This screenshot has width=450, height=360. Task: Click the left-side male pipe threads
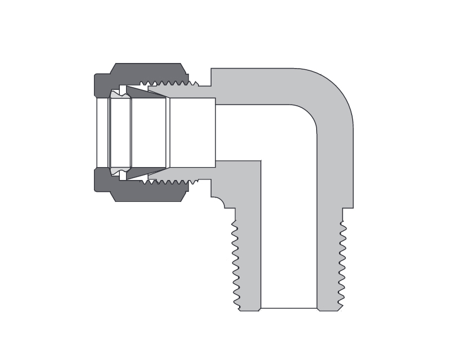tap(236, 264)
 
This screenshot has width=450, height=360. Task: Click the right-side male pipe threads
tap(343, 264)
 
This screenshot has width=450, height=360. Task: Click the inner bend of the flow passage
tap(307, 115)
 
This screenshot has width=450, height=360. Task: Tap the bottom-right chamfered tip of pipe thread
tap(340, 307)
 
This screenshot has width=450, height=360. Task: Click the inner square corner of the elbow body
tap(260, 161)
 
